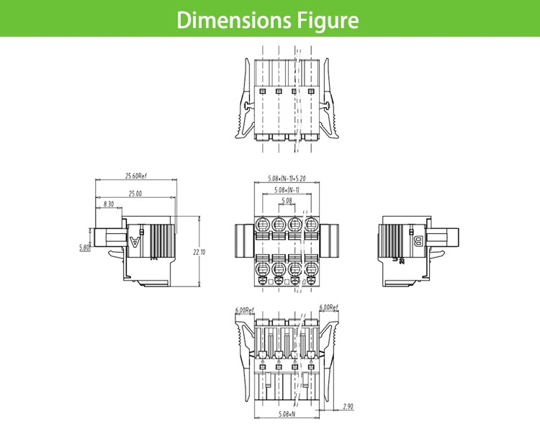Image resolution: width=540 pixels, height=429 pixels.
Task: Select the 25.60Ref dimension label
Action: [135, 176]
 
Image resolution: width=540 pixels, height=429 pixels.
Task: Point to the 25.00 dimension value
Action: [135, 193]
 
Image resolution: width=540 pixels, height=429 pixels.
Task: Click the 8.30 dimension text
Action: [108, 204]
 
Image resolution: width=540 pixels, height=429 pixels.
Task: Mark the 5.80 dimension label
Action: [84, 248]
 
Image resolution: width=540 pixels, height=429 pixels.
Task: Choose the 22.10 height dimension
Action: [199, 252]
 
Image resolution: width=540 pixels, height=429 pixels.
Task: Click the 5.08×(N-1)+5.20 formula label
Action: [287, 178]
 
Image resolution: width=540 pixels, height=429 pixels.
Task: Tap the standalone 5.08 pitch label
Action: [286, 201]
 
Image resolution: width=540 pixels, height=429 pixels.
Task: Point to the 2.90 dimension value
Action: [348, 406]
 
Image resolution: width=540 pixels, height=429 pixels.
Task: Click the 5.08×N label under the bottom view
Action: [287, 415]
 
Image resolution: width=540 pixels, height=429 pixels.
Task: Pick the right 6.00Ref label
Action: [328, 307]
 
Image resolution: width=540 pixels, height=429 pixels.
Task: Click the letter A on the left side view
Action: [135, 242]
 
